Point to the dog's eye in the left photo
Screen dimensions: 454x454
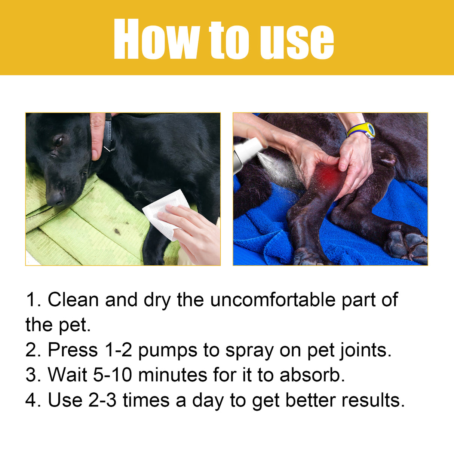point(59,141)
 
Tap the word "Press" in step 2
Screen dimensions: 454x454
point(73,350)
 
